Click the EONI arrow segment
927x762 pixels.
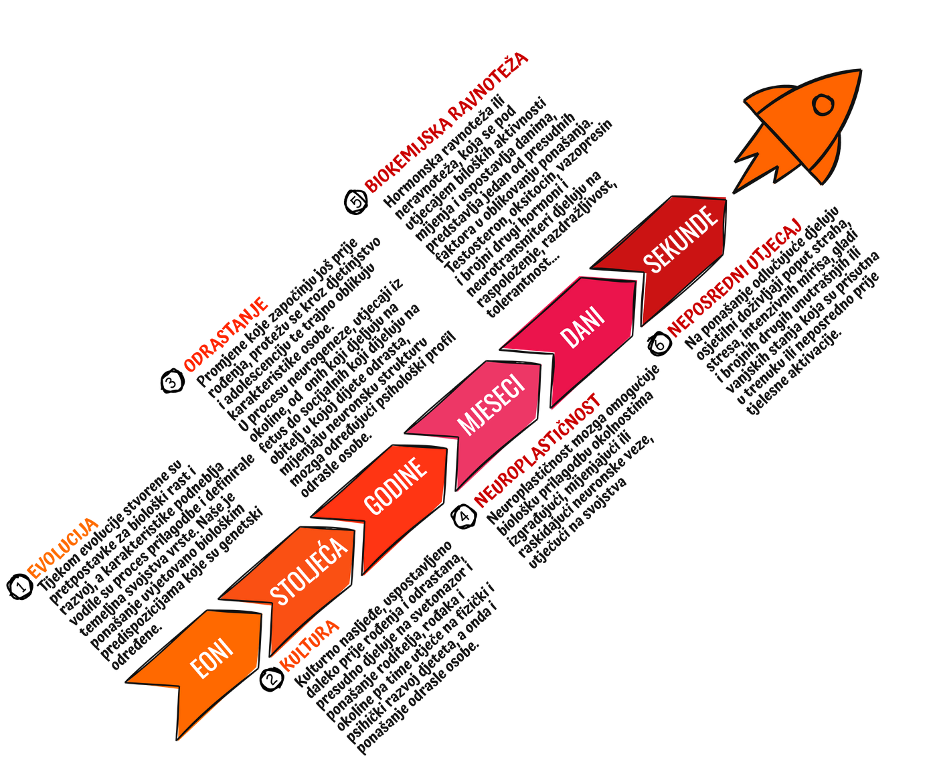click(x=212, y=660)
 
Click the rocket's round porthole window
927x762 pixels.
click(x=823, y=105)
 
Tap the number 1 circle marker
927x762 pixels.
click(x=21, y=587)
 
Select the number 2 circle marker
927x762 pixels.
click(x=272, y=678)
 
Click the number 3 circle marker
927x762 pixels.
click(x=172, y=382)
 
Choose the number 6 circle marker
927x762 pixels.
click(x=659, y=344)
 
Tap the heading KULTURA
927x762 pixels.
click(x=310, y=646)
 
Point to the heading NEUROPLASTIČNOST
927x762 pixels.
click(x=538, y=449)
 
